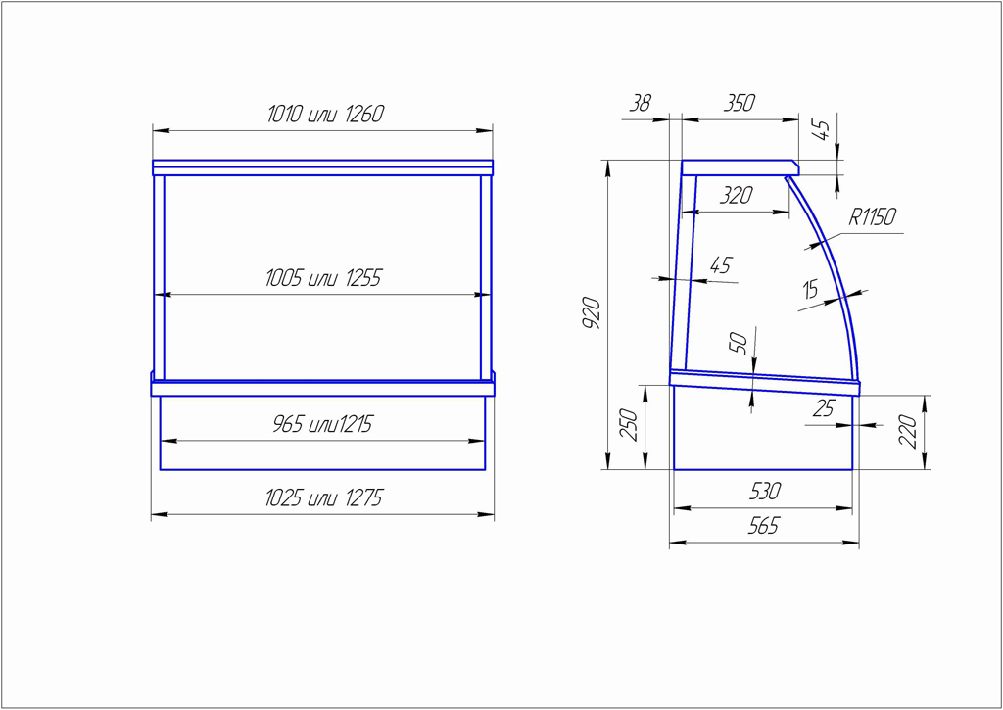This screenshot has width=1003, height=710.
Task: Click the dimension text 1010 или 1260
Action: click(x=325, y=115)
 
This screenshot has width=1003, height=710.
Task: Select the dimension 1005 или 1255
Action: click(x=323, y=279)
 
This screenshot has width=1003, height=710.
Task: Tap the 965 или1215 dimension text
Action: click(x=322, y=425)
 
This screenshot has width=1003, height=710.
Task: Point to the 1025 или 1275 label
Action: click(x=323, y=498)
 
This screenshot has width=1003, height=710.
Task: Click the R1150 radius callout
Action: click(x=873, y=217)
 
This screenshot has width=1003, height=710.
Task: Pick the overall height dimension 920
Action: click(x=593, y=313)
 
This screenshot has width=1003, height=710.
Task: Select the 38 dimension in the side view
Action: click(x=640, y=104)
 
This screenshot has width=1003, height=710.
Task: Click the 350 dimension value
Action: click(x=740, y=103)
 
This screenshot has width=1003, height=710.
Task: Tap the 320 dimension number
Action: click(x=736, y=195)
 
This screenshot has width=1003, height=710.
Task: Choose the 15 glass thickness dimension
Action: click(x=810, y=291)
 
